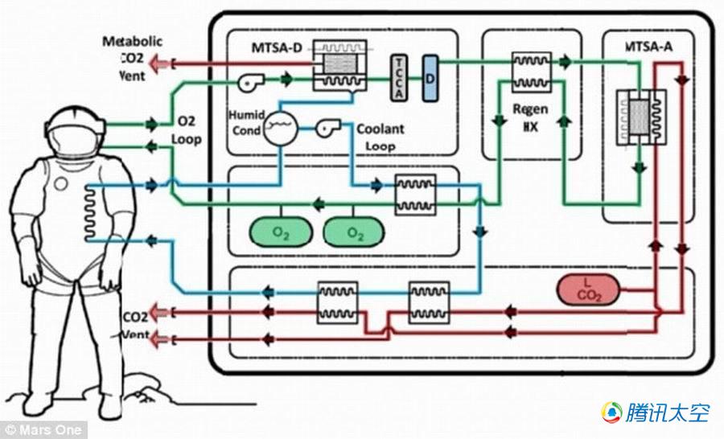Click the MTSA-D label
pos(276,48)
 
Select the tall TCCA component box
pos(399,77)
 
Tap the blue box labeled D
pos(430,78)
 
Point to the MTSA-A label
pos(648,47)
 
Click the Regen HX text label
pos(531,117)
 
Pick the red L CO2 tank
pos(588,290)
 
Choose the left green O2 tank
pos(281,232)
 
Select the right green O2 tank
pos(354,232)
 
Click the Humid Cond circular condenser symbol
pos(281,128)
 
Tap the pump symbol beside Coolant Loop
pos(328,127)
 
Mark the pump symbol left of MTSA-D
pos(250,82)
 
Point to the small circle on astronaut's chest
pos(61,184)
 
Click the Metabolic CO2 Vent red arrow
pos(160,64)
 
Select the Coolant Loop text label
pos(380,137)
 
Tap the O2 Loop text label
pos(187,129)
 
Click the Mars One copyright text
pos(43,430)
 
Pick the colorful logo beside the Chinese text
pos(612,412)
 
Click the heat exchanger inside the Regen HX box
pos(532,72)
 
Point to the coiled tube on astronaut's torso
pos(90,213)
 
